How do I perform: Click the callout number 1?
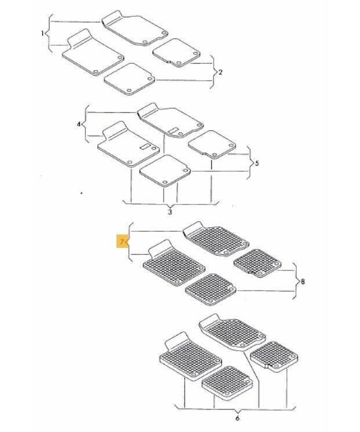click(42, 34)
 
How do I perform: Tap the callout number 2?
click(220, 72)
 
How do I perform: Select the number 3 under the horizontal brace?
click(170, 212)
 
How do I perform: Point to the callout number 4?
click(79, 125)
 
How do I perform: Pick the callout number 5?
click(257, 163)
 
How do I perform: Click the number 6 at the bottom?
click(238, 418)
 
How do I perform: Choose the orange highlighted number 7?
click(122, 242)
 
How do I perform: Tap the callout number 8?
click(303, 281)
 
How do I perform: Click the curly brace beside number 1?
click(49, 34)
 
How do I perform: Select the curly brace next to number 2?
click(213, 72)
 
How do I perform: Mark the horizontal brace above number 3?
click(170, 204)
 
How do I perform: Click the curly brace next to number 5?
click(250, 163)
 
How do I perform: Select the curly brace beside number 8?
click(296, 281)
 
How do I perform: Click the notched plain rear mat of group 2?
click(176, 52)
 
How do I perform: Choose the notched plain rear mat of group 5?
click(212, 144)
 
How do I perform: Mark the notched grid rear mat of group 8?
click(257, 263)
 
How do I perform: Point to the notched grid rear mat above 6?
click(274, 357)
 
